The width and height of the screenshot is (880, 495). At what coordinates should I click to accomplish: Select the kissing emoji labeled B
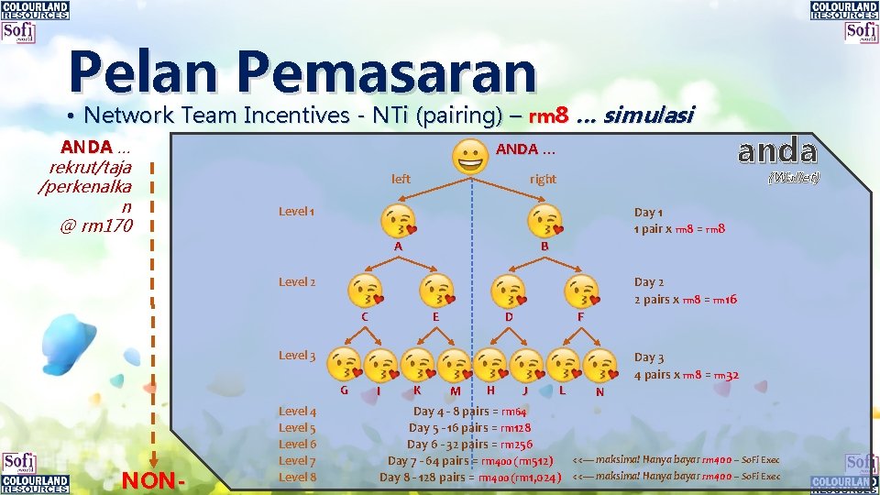pyautogui.click(x=544, y=222)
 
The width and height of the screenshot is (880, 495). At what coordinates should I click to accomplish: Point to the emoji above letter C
pyautogui.click(x=365, y=291)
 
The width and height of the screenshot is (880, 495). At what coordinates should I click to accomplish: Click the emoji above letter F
pyautogui.click(x=580, y=291)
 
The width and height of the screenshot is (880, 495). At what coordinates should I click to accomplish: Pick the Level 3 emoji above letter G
pyautogui.click(x=345, y=364)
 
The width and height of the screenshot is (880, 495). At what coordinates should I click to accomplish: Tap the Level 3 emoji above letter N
pyautogui.click(x=599, y=364)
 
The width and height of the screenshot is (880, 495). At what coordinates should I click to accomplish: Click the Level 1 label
pyautogui.click(x=297, y=212)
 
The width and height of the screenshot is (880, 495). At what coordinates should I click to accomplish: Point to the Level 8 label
pyautogui.click(x=297, y=477)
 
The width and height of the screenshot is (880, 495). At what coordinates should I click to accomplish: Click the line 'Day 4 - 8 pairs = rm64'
pyautogui.click(x=469, y=412)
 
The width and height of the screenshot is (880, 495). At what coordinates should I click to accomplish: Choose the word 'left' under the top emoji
pyautogui.click(x=401, y=179)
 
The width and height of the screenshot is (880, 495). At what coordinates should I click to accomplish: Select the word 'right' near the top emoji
pyautogui.click(x=543, y=179)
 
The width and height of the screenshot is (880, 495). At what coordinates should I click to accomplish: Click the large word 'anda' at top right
pyautogui.click(x=777, y=149)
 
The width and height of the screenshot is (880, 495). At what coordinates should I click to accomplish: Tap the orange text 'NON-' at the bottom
pyautogui.click(x=154, y=480)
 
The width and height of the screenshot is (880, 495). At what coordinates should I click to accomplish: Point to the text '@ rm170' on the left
pyautogui.click(x=96, y=225)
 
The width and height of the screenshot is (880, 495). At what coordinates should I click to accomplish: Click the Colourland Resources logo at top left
pyautogui.click(x=35, y=11)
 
